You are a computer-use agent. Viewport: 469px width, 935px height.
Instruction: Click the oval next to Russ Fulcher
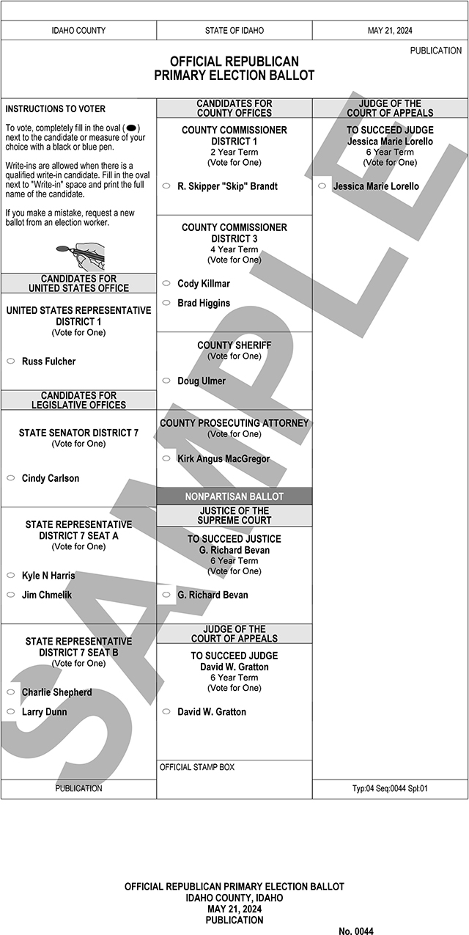tap(11, 362)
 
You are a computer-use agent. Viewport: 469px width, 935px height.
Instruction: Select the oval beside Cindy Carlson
tap(11, 478)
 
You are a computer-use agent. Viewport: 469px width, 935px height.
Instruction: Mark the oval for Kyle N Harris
tap(11, 576)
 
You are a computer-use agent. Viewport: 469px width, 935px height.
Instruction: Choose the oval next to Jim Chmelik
tap(11, 595)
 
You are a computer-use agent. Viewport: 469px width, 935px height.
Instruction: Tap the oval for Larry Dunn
tap(11, 711)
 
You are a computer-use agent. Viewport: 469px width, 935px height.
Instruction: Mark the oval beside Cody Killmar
tap(166, 283)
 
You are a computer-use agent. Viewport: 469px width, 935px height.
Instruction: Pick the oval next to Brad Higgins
tap(166, 303)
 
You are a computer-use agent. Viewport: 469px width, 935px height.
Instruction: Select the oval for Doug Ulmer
tap(166, 381)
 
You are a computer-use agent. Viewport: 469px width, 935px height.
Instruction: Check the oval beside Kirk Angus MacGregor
tap(166, 459)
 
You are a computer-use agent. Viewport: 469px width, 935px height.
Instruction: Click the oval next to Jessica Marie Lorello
tap(322, 186)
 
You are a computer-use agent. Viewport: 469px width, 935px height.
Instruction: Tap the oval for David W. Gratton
tap(166, 711)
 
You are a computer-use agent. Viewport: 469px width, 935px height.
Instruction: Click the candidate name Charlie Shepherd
tap(56, 692)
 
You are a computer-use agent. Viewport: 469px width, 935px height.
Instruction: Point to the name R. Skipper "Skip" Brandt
tap(227, 186)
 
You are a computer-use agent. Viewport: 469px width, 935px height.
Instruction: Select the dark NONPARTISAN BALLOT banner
tap(234, 496)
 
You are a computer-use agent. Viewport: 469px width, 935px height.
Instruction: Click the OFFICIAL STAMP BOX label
tap(196, 767)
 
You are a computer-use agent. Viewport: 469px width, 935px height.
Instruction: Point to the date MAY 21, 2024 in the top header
tap(390, 31)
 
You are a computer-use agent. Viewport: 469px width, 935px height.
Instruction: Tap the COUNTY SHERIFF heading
tap(234, 345)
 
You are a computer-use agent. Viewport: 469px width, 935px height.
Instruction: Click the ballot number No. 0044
tap(355, 931)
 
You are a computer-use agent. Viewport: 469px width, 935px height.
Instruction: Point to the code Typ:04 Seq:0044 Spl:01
tap(390, 788)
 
